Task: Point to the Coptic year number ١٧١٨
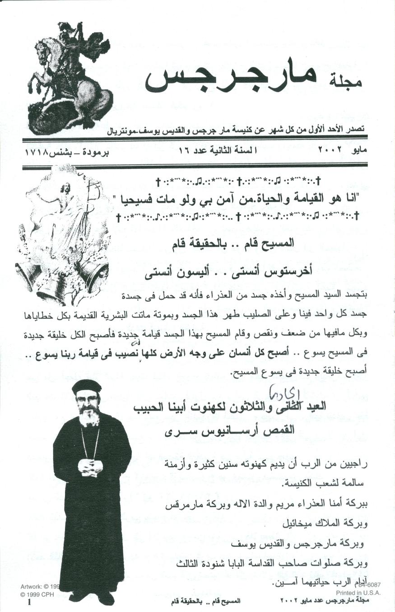click(x=38, y=149)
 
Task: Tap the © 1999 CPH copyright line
click(x=37, y=594)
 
